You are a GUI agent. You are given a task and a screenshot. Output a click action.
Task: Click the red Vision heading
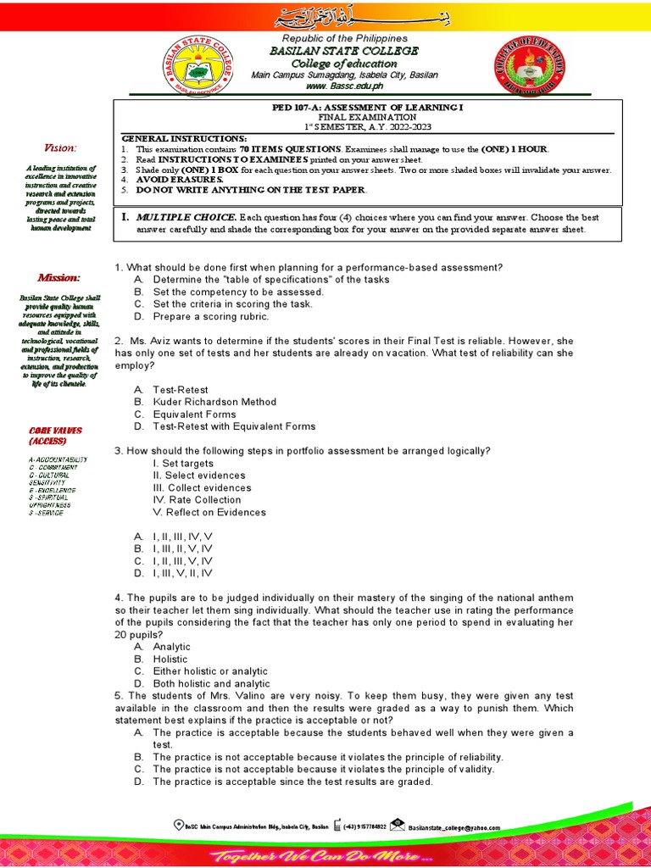coord(61,147)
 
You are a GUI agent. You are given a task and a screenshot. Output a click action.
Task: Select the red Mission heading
coord(58,278)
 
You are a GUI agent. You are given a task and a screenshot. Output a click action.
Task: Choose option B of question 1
coord(238,292)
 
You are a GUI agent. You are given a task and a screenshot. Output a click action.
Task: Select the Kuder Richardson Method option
coord(214,402)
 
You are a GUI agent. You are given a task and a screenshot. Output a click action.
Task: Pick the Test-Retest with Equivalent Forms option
coord(234,426)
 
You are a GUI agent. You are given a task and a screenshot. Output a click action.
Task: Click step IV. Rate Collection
coord(197,500)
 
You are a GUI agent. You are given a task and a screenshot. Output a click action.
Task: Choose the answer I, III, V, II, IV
coord(182,573)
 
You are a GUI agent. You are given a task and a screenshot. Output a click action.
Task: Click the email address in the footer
coord(453,827)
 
